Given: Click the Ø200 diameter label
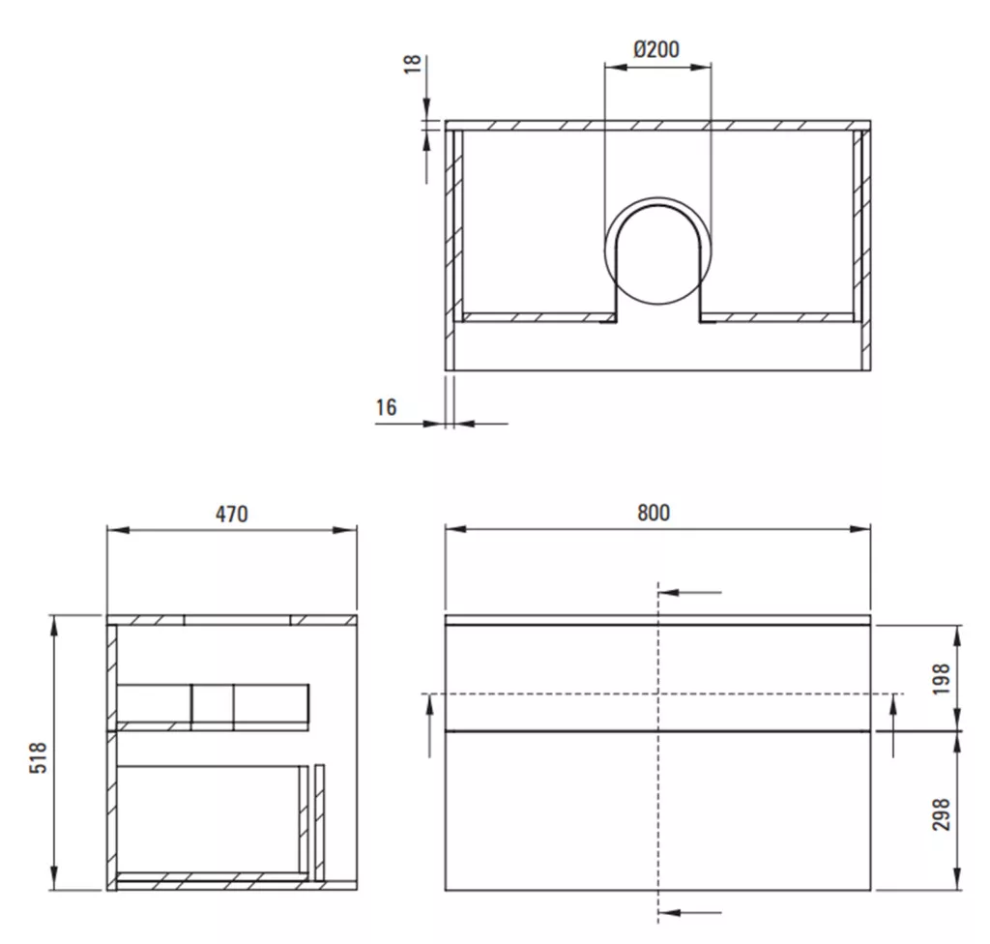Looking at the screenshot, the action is click(x=656, y=49).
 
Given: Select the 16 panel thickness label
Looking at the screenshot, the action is click(x=387, y=407).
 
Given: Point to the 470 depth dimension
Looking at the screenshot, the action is click(x=232, y=514).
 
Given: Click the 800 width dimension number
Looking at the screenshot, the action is click(x=654, y=513).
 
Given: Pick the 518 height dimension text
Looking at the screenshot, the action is click(x=39, y=757).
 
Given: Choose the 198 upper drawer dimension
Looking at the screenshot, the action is click(x=941, y=679).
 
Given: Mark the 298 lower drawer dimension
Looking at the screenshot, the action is click(x=941, y=814).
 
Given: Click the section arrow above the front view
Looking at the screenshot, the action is click(x=690, y=593).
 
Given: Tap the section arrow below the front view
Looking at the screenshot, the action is click(x=690, y=912).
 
